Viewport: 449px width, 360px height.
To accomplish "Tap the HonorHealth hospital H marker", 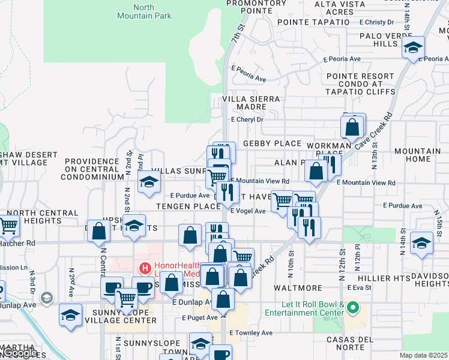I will [x=144, y=268].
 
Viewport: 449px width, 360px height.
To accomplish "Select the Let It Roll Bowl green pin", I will [x=353, y=309].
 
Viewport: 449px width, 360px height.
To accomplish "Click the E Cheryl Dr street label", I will [x=247, y=119].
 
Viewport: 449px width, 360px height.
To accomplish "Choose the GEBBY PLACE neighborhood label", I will [x=272, y=143].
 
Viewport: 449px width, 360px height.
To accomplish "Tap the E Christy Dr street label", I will [x=376, y=22].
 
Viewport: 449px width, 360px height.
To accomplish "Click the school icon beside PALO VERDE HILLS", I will [x=413, y=47].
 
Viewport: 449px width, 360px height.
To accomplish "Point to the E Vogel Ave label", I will [x=247, y=211].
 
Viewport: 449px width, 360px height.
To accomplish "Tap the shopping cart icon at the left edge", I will [x=8, y=226].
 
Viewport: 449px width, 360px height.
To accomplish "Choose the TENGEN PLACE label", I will [x=188, y=206].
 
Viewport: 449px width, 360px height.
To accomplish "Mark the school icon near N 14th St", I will [x=422, y=243].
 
